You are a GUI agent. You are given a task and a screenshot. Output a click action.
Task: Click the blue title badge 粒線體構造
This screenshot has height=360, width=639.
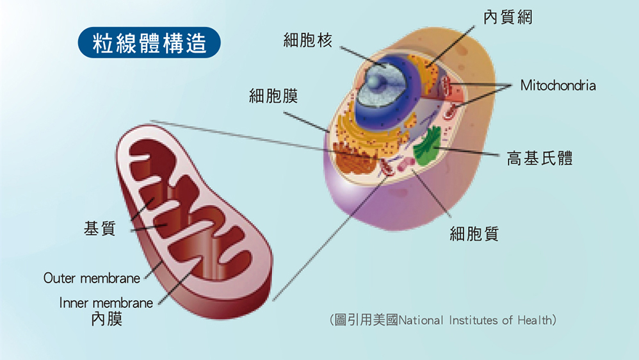[149, 42]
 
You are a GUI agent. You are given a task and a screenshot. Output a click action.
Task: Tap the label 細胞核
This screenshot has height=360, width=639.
[308, 40]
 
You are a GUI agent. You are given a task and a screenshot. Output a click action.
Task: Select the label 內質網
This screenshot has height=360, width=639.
[508, 17]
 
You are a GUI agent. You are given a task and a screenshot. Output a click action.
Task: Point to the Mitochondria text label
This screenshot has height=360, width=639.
[558, 86]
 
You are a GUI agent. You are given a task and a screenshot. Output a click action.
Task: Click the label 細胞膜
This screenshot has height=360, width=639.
[273, 96]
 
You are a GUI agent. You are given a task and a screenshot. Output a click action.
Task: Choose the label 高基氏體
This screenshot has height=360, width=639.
[540, 158]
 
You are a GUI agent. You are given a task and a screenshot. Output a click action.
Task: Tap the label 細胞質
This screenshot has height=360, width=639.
[474, 234]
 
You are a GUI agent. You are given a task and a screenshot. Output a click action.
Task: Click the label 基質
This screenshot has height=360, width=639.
[100, 228]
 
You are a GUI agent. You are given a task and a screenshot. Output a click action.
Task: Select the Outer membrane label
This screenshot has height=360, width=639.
[92, 279]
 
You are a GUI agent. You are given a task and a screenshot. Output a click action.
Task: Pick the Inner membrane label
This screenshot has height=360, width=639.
[106, 303]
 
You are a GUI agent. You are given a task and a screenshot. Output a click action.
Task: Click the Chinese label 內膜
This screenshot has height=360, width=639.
[107, 319]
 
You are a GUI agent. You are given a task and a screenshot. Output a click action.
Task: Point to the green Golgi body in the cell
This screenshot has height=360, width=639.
[427, 146]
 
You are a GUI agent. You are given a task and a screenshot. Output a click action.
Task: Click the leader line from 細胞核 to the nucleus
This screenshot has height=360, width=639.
[362, 56]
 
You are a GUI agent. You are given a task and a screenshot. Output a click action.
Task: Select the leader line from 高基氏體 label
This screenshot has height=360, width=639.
[467, 151]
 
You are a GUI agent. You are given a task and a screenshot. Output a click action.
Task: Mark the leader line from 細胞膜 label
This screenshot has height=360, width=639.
[306, 122]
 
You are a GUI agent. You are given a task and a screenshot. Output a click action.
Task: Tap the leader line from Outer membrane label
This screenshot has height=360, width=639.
[154, 270]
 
